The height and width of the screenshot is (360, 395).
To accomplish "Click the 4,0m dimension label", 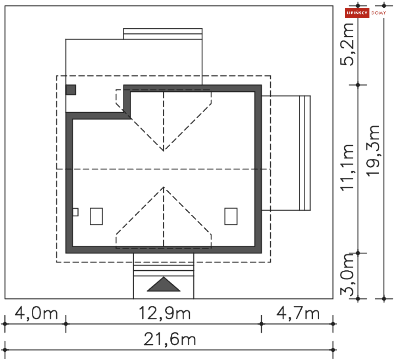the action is pyautogui.click(x=36, y=314).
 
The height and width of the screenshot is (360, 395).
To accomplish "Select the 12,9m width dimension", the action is pyautogui.click(x=165, y=314).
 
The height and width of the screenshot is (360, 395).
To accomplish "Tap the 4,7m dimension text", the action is pyautogui.click(x=298, y=314).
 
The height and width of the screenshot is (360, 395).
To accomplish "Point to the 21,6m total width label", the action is pyautogui.click(x=170, y=339).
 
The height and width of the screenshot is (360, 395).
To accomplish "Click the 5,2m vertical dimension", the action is pyautogui.click(x=347, y=44).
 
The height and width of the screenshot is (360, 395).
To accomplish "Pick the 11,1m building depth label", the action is pyautogui.click(x=347, y=167).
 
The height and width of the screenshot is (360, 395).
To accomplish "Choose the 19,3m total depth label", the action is pyautogui.click(x=373, y=151).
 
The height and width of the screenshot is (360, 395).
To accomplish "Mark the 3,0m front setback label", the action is pyautogui.click(x=347, y=275).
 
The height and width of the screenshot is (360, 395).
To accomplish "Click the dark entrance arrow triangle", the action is pyautogui.click(x=164, y=285).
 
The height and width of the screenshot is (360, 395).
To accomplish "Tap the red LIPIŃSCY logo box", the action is pyautogui.click(x=357, y=13).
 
